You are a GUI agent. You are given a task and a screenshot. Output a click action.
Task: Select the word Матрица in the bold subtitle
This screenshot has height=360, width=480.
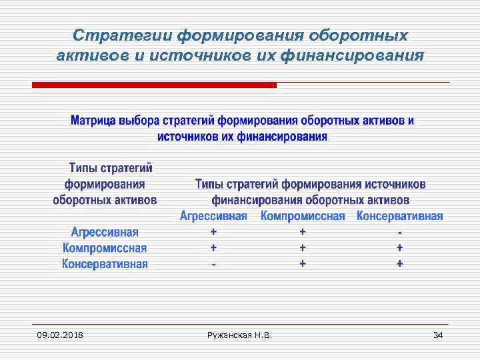tap(93, 121)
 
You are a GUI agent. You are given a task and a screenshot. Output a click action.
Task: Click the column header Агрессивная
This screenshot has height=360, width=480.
tap(213, 217)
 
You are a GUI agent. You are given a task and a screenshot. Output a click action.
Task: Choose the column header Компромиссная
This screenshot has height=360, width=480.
tap(303, 217)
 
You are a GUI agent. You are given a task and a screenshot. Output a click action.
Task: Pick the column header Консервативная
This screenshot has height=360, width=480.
tap(399, 217)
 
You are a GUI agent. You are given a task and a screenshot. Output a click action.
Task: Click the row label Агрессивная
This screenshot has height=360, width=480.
tap(105, 232)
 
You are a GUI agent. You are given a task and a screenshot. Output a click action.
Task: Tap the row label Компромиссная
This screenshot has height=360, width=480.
tap(105, 248)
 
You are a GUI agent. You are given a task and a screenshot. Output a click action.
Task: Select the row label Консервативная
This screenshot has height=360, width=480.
tap(105, 264)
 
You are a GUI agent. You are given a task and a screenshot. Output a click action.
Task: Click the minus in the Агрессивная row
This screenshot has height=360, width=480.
tap(399, 233)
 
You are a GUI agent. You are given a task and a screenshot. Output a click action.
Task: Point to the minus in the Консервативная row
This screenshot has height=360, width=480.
tap(213, 264)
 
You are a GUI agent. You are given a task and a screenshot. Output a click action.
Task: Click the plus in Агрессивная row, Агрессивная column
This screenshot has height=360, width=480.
tap(213, 232)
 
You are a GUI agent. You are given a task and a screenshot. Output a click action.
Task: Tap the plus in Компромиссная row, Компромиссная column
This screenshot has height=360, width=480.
tap(303, 247)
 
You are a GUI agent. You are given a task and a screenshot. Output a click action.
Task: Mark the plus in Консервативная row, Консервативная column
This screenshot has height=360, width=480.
tap(399, 263)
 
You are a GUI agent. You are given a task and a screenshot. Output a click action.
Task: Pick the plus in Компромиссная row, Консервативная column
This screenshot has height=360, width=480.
tap(399, 247)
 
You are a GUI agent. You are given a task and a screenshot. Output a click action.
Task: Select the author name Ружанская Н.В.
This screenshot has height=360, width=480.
tap(240, 334)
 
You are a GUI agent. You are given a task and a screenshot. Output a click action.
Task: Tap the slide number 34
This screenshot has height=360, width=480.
tap(437, 334)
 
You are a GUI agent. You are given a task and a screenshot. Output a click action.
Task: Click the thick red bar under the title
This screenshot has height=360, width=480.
tap(154, 85)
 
